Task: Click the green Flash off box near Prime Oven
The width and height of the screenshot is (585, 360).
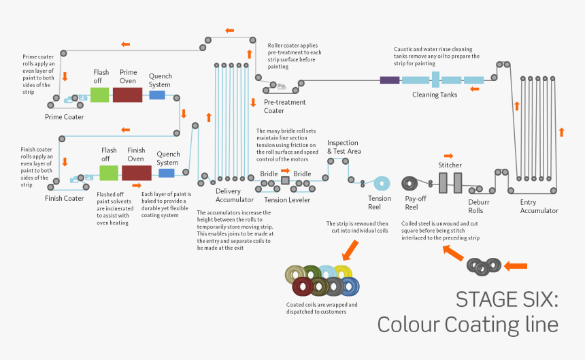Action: [100, 95]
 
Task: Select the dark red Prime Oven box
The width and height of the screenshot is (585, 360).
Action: [127, 95]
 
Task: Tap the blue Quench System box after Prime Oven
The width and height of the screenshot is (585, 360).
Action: [157, 95]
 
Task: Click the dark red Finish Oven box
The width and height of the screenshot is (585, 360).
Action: [136, 173]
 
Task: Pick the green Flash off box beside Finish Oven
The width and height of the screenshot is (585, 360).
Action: [109, 173]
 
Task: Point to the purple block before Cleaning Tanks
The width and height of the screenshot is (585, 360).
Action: [390, 80]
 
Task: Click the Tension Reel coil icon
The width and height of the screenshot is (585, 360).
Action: [381, 183]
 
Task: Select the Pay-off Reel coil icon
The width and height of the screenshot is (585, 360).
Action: [412, 184]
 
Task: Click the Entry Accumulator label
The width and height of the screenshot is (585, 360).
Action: [539, 206]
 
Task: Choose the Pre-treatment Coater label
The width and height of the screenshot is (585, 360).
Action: [285, 106]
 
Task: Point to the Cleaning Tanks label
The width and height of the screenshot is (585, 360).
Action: [435, 95]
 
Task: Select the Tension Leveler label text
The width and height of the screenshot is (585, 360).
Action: [287, 199]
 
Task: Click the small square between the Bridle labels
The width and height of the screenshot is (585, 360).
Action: [286, 180]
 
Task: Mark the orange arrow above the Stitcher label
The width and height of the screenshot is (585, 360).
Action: [448, 156]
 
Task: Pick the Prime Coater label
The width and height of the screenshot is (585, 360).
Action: [65, 117]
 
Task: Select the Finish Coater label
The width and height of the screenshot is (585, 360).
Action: [65, 199]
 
